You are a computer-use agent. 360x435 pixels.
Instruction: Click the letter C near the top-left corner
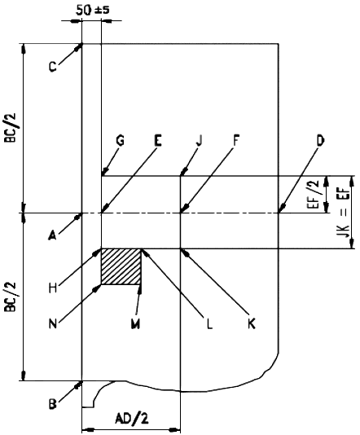(x=53, y=67)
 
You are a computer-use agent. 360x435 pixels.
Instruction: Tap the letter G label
(x=120, y=140)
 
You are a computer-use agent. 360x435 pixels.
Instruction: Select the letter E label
(x=157, y=140)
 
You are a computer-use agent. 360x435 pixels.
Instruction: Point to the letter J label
(x=199, y=140)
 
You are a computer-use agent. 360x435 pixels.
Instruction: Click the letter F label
(x=235, y=140)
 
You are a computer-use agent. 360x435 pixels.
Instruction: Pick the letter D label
(x=320, y=141)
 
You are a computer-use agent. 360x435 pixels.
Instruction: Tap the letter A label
(x=52, y=235)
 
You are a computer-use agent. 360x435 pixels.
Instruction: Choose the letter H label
(x=53, y=288)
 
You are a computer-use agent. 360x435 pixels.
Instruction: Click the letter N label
(x=53, y=323)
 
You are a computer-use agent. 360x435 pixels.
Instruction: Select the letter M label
(x=135, y=323)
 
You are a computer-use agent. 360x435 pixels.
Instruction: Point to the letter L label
(x=209, y=323)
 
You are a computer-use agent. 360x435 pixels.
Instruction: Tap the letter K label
(x=252, y=323)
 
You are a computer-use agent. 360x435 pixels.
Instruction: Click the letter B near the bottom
(x=53, y=404)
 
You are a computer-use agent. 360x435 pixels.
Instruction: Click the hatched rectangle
(x=121, y=266)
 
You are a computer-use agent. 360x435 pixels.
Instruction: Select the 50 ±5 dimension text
(x=92, y=11)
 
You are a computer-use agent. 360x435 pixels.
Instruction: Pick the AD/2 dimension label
(x=132, y=418)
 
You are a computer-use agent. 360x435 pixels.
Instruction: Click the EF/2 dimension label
(x=314, y=194)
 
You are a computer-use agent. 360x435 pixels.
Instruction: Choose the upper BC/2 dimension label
(x=11, y=127)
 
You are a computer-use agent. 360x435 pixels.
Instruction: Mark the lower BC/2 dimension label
(x=11, y=297)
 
